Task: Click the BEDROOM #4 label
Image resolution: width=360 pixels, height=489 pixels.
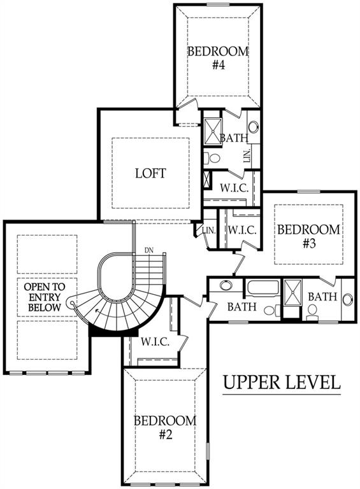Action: (218, 58)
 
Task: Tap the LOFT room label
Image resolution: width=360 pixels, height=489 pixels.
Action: (150, 173)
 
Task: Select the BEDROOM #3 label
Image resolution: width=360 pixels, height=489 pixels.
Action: (308, 236)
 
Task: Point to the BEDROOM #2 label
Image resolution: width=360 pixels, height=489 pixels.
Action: (165, 427)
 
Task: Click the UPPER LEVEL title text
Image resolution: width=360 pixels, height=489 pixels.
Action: (282, 382)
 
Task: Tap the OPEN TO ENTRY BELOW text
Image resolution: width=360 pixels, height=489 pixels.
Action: (45, 297)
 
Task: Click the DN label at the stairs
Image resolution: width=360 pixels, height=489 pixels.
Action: (149, 250)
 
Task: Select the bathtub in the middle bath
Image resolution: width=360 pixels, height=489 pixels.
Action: (263, 288)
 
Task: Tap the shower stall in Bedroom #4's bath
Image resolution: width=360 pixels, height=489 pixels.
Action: (212, 131)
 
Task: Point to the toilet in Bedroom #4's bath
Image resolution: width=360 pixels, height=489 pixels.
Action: (212, 158)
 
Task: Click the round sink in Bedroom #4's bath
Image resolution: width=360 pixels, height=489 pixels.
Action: (254, 127)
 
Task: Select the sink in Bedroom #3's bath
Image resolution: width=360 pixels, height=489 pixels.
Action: (347, 299)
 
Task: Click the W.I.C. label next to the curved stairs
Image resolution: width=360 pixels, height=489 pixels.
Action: (155, 342)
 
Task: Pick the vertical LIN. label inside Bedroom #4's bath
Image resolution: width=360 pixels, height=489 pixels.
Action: (247, 155)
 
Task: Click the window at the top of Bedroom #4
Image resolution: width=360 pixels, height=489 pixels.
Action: (217, 4)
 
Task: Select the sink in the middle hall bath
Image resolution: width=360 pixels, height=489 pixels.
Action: (226, 285)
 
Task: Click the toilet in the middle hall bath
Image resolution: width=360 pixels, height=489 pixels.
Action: (272, 310)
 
